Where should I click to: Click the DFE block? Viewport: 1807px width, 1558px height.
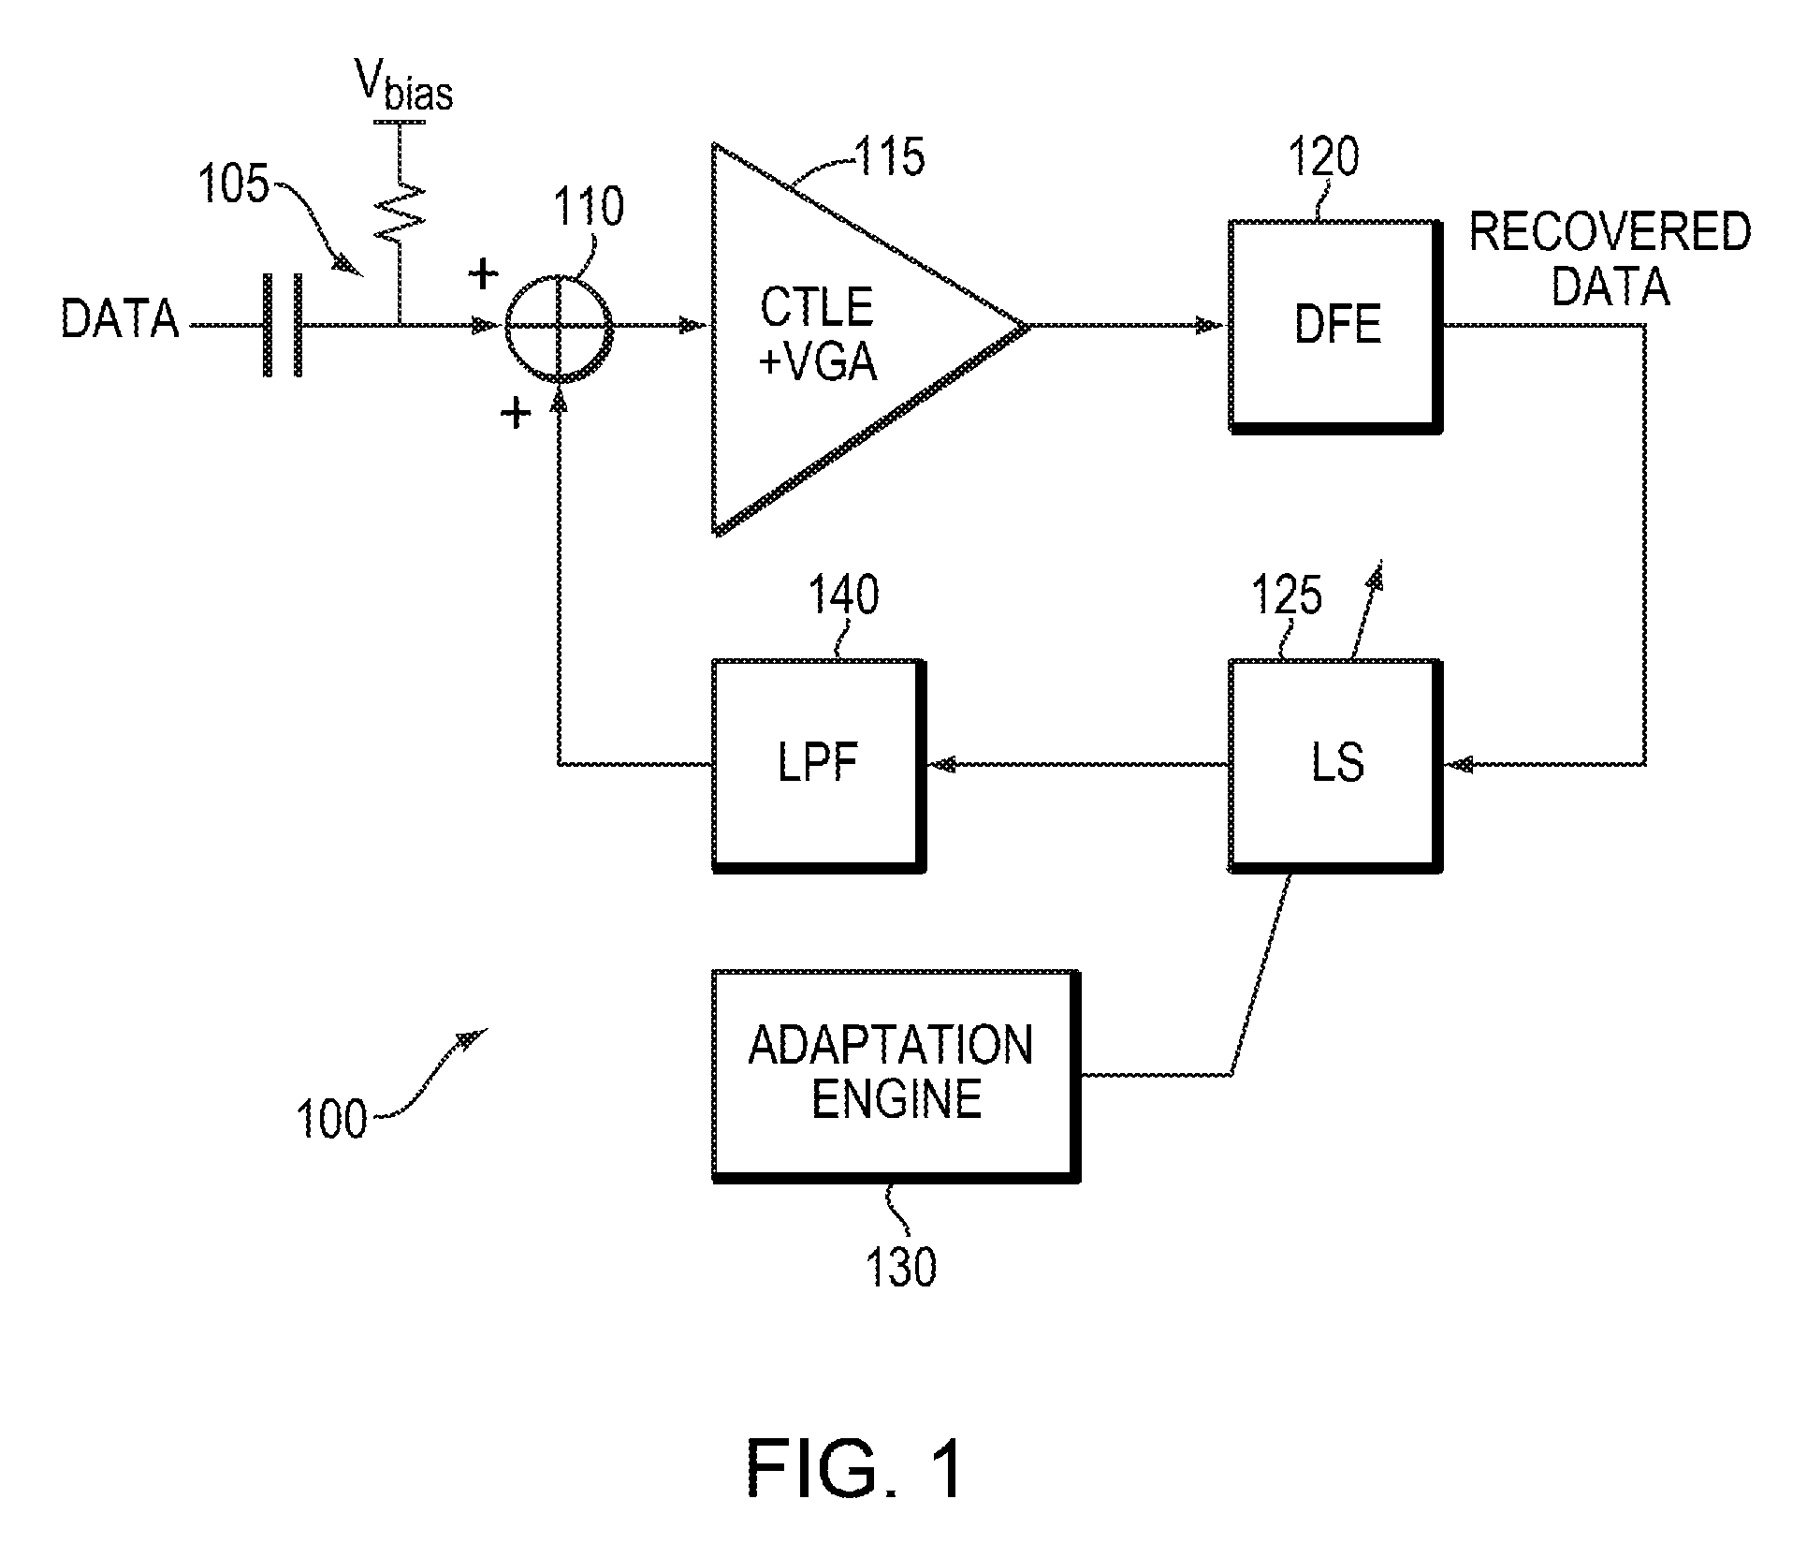coord(1335,326)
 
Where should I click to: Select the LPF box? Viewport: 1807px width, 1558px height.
coord(818,765)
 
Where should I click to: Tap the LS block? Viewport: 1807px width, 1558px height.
coord(1335,765)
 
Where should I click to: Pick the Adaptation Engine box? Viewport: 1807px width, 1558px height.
coord(896,1075)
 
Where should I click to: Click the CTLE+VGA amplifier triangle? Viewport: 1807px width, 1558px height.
coord(833,337)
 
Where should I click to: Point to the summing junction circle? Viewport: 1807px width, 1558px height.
coord(560,327)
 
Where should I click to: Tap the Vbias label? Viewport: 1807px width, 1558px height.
coord(403,90)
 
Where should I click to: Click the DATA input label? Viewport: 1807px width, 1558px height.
coord(120,318)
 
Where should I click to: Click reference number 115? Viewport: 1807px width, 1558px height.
coord(890,156)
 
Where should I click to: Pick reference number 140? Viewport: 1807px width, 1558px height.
coord(844,595)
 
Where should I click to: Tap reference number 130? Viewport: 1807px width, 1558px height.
coord(901,1268)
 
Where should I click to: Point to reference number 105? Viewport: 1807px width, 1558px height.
coord(234,184)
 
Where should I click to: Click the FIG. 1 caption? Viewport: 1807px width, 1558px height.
coord(854,1469)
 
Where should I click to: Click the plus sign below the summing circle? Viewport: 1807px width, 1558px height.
coord(516,412)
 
